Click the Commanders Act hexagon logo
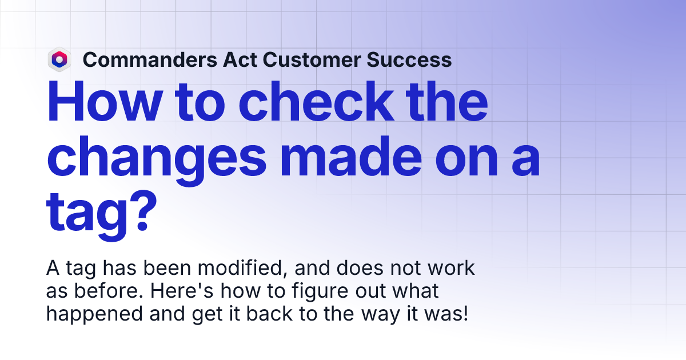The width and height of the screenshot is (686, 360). [x=59, y=59]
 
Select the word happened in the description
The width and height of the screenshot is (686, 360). [x=85, y=314]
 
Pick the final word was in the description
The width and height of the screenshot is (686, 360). [x=449, y=314]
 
